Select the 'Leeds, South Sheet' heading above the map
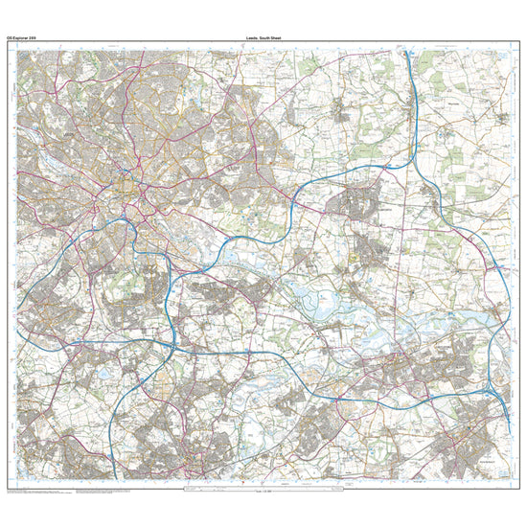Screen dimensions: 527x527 (x=263, y=38)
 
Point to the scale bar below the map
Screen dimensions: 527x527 (x=263, y=491)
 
